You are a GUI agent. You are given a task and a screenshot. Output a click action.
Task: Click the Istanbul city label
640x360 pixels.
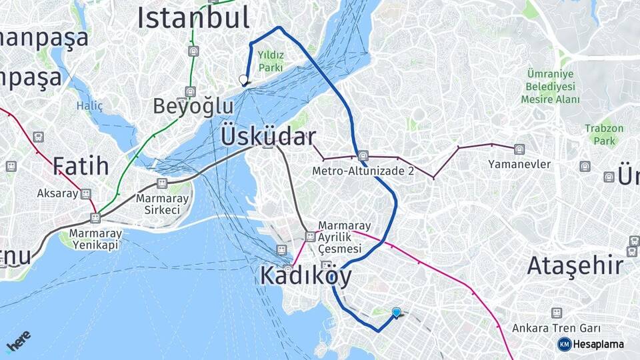(x=193, y=17)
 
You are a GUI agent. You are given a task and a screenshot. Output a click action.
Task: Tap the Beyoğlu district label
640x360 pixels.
(x=193, y=106)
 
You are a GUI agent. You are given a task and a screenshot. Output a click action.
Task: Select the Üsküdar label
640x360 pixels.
(x=267, y=137)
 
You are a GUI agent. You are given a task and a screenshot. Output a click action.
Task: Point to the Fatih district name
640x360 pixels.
(x=81, y=165)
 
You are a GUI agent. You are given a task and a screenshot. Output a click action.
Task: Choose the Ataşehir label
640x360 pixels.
(x=575, y=265)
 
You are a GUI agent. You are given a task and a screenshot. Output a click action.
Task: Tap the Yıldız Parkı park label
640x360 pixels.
(x=271, y=61)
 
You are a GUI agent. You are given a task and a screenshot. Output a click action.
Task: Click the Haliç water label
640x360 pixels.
(x=89, y=105)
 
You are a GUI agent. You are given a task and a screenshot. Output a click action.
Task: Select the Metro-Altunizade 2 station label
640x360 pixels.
(x=363, y=171)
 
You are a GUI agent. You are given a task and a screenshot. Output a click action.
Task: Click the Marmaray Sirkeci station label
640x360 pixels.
(x=158, y=204)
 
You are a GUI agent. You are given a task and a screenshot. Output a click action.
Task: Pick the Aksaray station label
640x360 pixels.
(x=58, y=193)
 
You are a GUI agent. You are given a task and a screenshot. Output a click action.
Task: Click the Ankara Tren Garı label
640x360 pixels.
(x=556, y=328)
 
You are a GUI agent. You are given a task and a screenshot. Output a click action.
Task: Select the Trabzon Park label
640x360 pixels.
(x=604, y=134)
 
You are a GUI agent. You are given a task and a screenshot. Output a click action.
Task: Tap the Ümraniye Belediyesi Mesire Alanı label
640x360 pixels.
(x=550, y=87)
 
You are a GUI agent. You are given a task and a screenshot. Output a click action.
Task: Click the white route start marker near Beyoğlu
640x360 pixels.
(x=243, y=81)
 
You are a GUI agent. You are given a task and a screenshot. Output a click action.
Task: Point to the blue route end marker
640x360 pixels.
(x=397, y=312)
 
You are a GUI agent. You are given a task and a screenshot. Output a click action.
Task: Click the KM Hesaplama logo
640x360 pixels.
(x=591, y=344)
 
